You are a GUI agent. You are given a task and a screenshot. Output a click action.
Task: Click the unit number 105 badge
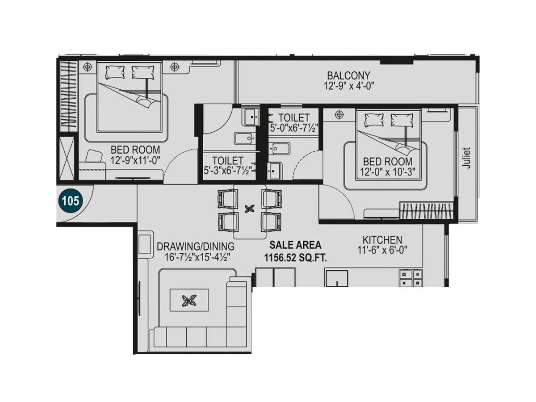click(70, 201)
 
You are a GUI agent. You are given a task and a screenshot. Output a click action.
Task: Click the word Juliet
click(467, 158)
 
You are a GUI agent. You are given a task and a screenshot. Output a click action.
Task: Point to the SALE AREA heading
click(295, 245)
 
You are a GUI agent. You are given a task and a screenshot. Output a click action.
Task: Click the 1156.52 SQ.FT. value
click(295, 258)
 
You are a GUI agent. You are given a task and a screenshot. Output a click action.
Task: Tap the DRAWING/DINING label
click(196, 247)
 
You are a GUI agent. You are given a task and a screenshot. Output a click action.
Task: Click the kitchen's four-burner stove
click(411, 277)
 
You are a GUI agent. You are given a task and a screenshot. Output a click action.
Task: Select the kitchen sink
click(336, 278)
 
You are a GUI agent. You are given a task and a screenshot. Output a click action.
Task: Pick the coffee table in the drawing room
click(189, 300)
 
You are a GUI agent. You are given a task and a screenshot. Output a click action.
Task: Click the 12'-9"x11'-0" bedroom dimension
click(135, 159)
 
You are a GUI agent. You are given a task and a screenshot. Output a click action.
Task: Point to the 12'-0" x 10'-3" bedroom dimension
click(387, 172)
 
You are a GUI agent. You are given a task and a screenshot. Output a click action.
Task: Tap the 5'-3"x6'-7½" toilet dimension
click(228, 170)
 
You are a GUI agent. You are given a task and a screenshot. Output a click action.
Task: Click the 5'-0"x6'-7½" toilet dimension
click(293, 127)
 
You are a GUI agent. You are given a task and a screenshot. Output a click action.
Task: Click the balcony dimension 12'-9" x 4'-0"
click(348, 86)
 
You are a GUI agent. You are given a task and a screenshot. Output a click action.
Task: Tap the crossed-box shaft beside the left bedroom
click(67, 159)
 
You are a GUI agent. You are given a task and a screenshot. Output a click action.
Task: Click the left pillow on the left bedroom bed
click(114, 71)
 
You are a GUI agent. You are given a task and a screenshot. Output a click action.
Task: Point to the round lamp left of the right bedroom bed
click(339, 115)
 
